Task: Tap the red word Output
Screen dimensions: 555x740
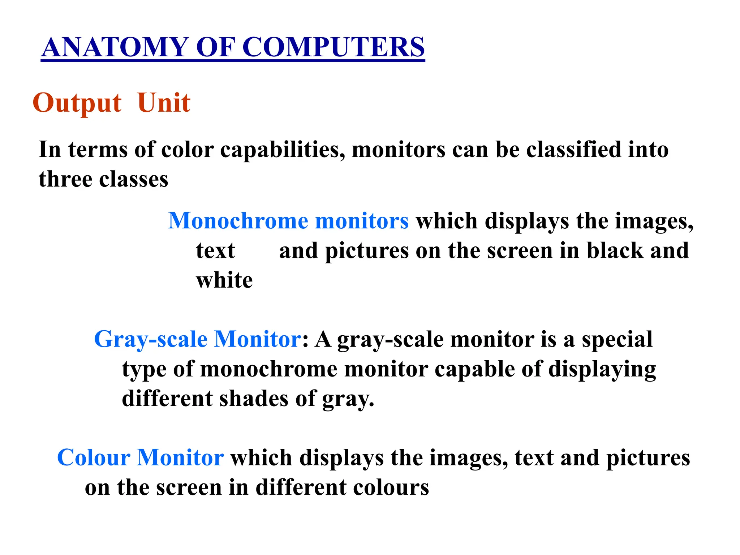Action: click(77, 103)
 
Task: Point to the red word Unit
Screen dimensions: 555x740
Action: click(164, 103)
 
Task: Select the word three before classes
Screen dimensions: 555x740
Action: click(65, 179)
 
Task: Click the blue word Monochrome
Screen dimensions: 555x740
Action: click(238, 221)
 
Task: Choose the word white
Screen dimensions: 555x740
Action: click(224, 280)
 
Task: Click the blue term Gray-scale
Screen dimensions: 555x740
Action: click(151, 340)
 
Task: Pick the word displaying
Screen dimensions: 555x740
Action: click(602, 370)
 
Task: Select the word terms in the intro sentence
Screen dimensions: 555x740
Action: click(98, 150)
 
